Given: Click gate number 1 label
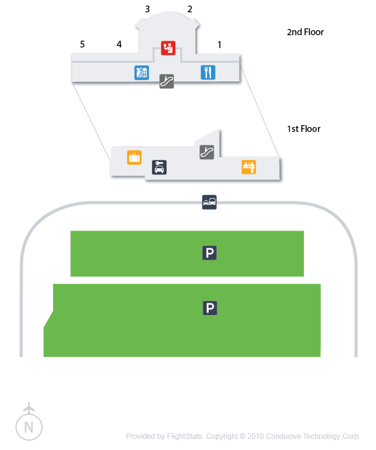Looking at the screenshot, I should coord(219,44).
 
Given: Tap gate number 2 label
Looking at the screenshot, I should coord(190,9).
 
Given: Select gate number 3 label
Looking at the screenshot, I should coord(147,9).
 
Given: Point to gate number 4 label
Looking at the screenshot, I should coord(119,44).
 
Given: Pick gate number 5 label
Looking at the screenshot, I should coord(81,44).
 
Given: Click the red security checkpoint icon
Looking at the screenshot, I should coord(169,47).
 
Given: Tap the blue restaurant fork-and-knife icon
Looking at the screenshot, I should coord(208,72).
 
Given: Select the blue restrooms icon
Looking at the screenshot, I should coord(142,72).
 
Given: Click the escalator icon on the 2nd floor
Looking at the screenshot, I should coord(167,81).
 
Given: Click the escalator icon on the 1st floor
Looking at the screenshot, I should coord(207,152).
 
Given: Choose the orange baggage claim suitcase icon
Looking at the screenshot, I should coord(134,157).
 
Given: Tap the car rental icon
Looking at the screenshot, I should coord(159,167).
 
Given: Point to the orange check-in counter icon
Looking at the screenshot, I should coord(249,166).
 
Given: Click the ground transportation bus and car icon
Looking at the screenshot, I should coord(209,202).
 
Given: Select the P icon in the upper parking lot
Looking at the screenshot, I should coord(211,253).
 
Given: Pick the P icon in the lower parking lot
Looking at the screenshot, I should coord(211,308).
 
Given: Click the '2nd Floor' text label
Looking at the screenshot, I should coord(305,32).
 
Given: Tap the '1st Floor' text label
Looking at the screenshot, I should coord(304,129).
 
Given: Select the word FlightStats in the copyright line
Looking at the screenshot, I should coord(186,436).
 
